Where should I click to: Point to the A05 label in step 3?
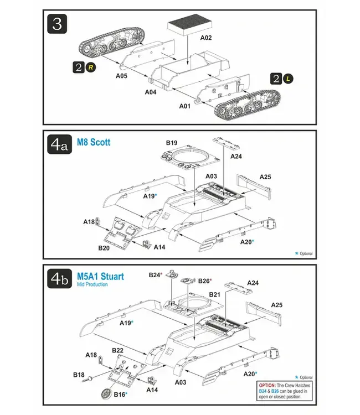122,76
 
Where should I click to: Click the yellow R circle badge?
91,67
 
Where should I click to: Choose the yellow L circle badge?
288,79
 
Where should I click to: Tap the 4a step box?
59,146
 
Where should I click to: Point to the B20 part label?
104,248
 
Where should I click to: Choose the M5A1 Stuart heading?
100,276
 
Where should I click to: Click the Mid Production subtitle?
92,284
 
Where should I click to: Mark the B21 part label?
215,294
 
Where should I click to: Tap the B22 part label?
117,350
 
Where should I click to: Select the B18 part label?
79,375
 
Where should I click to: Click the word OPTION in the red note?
268,384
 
